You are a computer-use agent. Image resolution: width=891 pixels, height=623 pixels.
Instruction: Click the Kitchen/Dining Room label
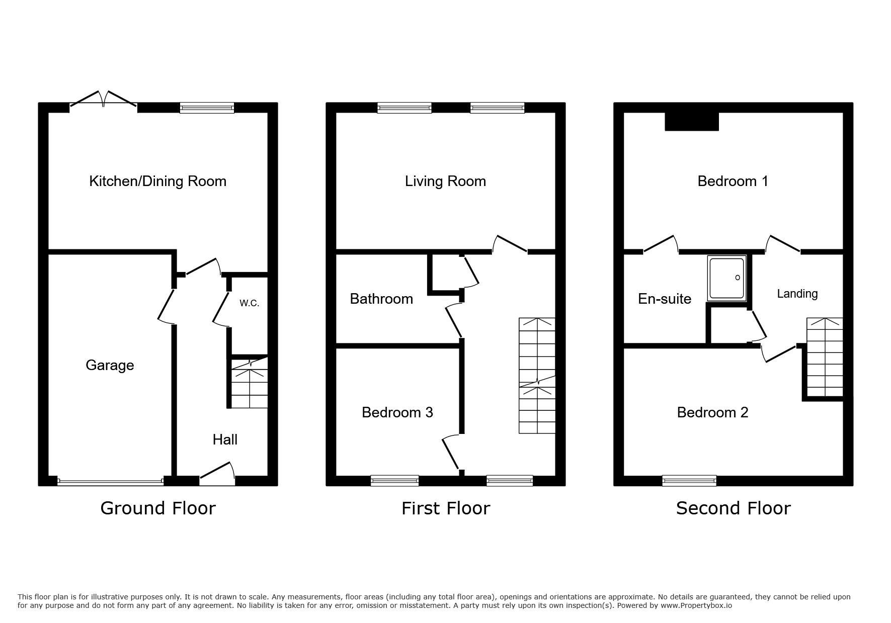(x=157, y=181)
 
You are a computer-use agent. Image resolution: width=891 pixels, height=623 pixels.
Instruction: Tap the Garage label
(x=110, y=365)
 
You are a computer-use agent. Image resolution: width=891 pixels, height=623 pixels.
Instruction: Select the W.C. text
(x=249, y=303)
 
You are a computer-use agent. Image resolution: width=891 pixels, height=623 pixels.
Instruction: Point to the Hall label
(x=225, y=439)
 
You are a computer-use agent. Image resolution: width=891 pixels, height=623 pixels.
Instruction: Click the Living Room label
(x=445, y=181)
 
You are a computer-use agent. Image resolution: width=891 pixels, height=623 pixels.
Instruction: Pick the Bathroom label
(x=381, y=299)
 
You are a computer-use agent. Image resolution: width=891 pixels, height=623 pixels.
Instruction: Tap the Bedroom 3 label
(x=397, y=412)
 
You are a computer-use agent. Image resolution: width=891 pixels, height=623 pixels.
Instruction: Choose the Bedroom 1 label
(x=733, y=181)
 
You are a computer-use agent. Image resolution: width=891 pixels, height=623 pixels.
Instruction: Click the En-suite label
(x=665, y=299)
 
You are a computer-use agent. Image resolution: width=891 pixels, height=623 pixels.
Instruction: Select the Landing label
(x=797, y=294)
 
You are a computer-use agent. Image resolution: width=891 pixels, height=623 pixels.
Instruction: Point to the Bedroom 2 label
(x=712, y=412)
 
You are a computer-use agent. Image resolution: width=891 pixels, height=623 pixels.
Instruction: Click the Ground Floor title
(x=158, y=508)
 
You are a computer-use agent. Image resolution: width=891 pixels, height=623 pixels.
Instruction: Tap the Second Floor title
(x=733, y=508)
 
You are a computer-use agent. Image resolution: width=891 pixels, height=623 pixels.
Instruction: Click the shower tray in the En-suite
(x=726, y=278)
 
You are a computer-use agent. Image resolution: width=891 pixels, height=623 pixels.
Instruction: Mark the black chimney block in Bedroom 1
(x=692, y=121)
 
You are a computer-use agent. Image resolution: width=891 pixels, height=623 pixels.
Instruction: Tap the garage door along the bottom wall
(x=111, y=481)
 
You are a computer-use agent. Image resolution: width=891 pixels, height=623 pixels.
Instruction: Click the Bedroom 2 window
(x=689, y=481)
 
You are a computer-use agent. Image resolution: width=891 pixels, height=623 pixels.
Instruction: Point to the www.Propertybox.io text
(x=696, y=605)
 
